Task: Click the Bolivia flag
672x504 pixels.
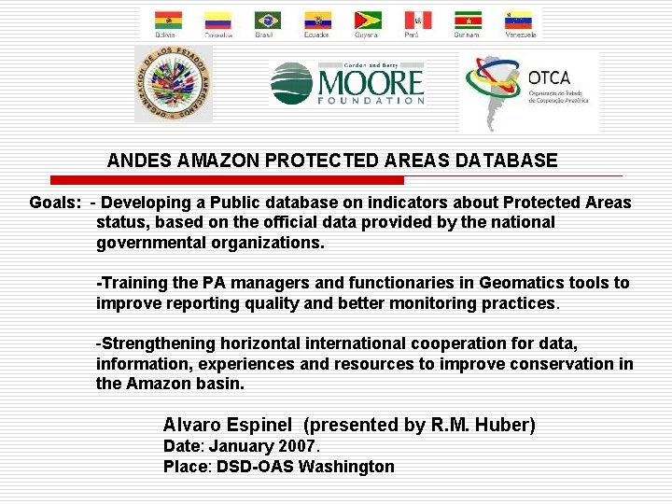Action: click(169, 20)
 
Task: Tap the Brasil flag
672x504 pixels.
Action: click(268, 20)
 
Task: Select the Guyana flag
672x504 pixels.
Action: click(367, 20)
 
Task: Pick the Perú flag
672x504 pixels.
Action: click(417, 20)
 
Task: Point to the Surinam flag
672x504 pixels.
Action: click(468, 20)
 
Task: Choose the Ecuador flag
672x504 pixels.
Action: click(317, 20)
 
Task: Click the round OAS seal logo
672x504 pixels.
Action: click(174, 84)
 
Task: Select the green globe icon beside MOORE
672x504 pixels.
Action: click(291, 84)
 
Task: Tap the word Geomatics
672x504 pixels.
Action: click(518, 283)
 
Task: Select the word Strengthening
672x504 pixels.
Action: click(159, 344)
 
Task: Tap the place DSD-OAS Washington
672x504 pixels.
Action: click(305, 467)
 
